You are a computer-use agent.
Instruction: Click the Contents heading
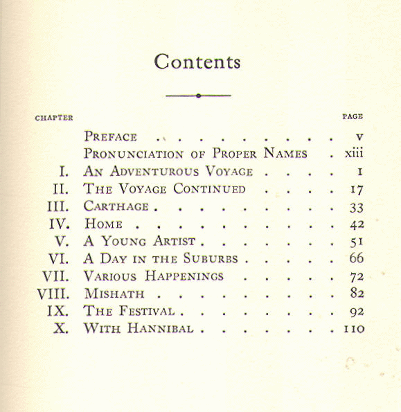(x=197, y=62)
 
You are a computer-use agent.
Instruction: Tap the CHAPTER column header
(x=54, y=118)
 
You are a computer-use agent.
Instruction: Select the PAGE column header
(x=353, y=117)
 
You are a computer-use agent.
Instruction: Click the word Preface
(x=111, y=136)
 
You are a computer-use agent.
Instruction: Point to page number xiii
(x=354, y=154)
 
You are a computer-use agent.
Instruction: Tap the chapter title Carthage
(x=116, y=206)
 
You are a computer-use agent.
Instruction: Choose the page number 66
(x=357, y=258)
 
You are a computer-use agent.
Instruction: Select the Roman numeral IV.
(x=61, y=224)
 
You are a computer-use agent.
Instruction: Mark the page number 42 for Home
(x=357, y=224)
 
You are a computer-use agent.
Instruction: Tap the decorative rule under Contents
(x=198, y=96)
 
